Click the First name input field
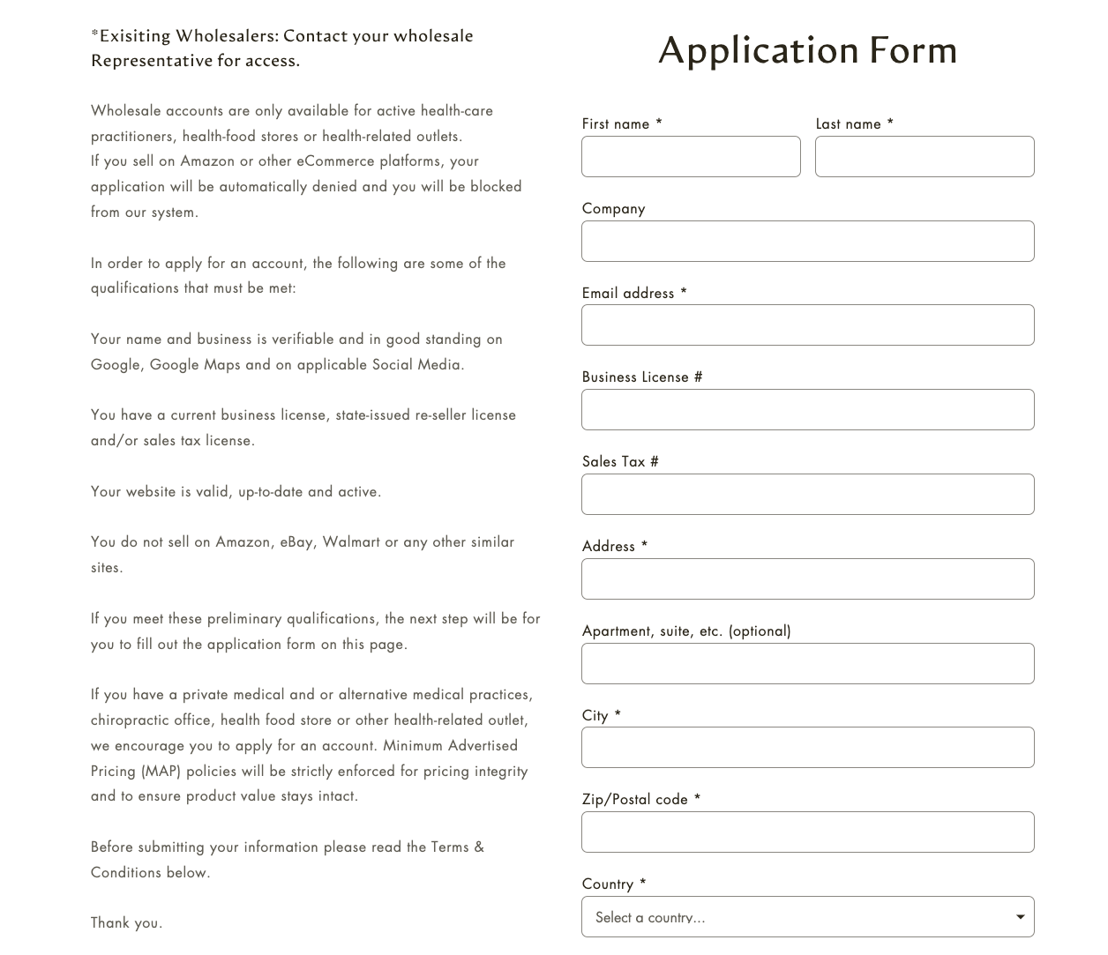[691, 157]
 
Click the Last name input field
[925, 157]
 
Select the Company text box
[807, 242]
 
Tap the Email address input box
[807, 325]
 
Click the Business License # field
[807, 410]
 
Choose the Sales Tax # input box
[807, 495]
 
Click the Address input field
[807, 579]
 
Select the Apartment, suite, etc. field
[807, 664]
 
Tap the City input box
[807, 748]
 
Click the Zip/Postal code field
[807, 832]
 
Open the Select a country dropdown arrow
[1020, 917]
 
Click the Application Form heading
[807, 50]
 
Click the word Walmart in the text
[351, 542]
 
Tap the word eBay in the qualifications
[296, 542]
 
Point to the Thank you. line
[126, 923]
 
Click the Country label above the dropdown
[608, 884]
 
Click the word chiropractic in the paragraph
[131, 720]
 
